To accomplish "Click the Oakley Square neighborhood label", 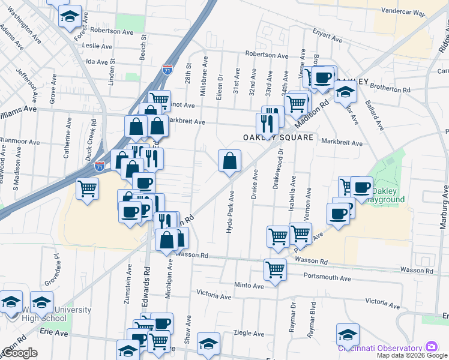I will pos(278,137).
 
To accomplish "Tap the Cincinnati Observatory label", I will pos(380,348).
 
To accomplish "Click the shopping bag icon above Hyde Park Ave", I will pos(229,161).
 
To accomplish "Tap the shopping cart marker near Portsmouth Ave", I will pos(275,269).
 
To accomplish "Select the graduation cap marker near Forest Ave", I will pos(70,16).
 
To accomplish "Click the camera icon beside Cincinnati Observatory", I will pos(431,347).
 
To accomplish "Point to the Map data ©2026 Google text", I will pos(412,355).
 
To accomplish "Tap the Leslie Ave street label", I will pos(99,46).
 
